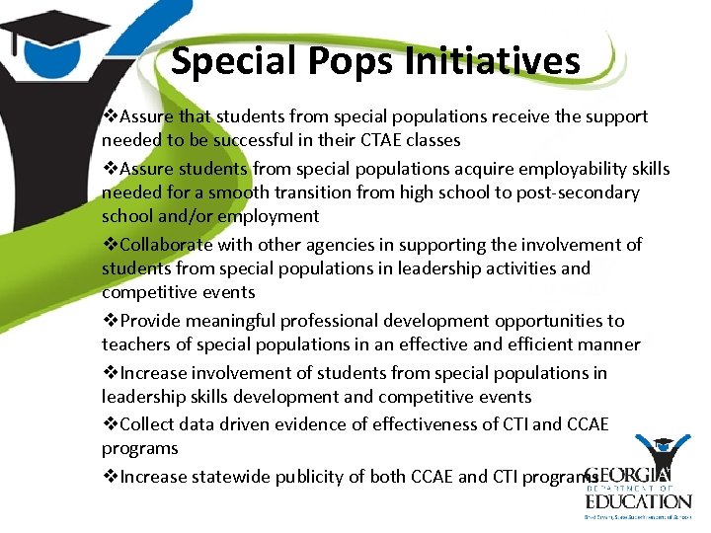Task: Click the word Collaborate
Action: click(x=168, y=245)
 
